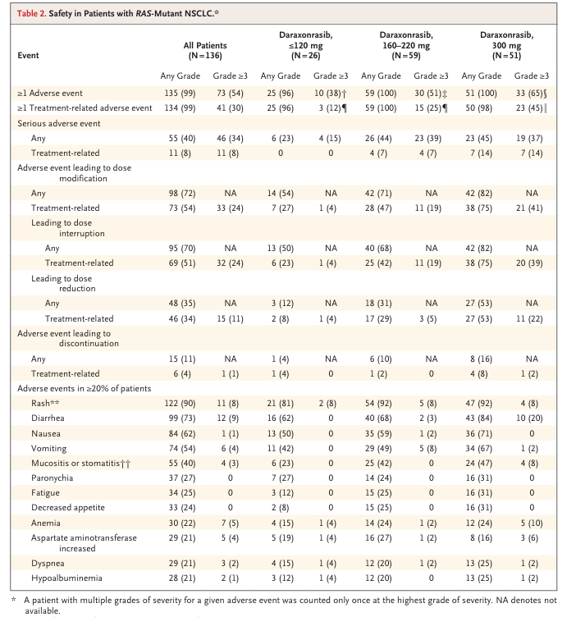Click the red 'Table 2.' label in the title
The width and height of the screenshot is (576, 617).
pos(31,13)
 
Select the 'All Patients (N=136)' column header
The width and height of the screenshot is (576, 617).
pos(205,50)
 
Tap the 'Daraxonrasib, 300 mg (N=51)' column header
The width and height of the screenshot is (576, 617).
pos(506,45)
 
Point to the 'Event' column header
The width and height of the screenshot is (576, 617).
pos(28,56)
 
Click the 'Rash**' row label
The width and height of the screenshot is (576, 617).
pos(45,404)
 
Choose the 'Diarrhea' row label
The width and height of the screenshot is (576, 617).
pos(48,418)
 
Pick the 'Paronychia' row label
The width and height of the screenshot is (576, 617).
pos(52,478)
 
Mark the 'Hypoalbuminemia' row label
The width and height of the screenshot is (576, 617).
pos(66,578)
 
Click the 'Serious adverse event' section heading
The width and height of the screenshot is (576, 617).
pos(58,124)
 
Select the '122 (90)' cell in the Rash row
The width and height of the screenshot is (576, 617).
pos(180,404)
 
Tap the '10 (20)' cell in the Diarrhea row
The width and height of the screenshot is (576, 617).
pos(529,418)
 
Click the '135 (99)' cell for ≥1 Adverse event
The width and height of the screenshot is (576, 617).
pos(180,94)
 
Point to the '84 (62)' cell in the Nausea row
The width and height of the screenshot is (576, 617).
pos(182,434)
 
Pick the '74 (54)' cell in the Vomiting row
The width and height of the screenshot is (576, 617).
pos(182,449)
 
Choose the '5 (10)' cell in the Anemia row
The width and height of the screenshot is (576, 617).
pos(532,523)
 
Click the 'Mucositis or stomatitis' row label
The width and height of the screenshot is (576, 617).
pos(80,463)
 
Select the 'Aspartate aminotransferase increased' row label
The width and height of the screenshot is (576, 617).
pos(84,543)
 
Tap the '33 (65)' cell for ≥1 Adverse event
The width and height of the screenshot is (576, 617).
pos(531,94)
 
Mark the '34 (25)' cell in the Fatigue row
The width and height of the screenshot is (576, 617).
pos(182,492)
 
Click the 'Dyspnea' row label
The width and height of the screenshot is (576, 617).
pos(48,564)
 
